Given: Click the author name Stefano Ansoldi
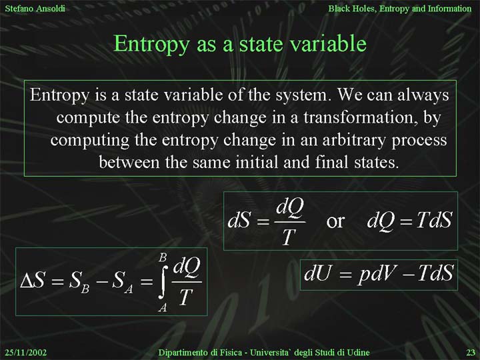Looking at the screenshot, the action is pyautogui.click(x=35, y=9).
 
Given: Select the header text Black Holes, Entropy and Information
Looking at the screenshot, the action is pyautogui.click(x=400, y=9).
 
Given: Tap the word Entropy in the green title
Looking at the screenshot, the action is pyautogui.click(x=151, y=45).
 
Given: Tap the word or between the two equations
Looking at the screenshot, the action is pyautogui.click(x=335, y=221).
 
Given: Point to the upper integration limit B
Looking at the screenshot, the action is pyautogui.click(x=163, y=257).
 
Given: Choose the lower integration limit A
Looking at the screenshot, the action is pyautogui.click(x=163, y=307).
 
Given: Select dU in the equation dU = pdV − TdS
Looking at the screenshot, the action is pyautogui.click(x=317, y=273).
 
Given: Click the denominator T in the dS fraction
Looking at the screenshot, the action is pyautogui.click(x=289, y=237).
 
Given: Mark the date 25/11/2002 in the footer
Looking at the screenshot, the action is pyautogui.click(x=26, y=353).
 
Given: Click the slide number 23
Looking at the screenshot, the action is pyautogui.click(x=471, y=353).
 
